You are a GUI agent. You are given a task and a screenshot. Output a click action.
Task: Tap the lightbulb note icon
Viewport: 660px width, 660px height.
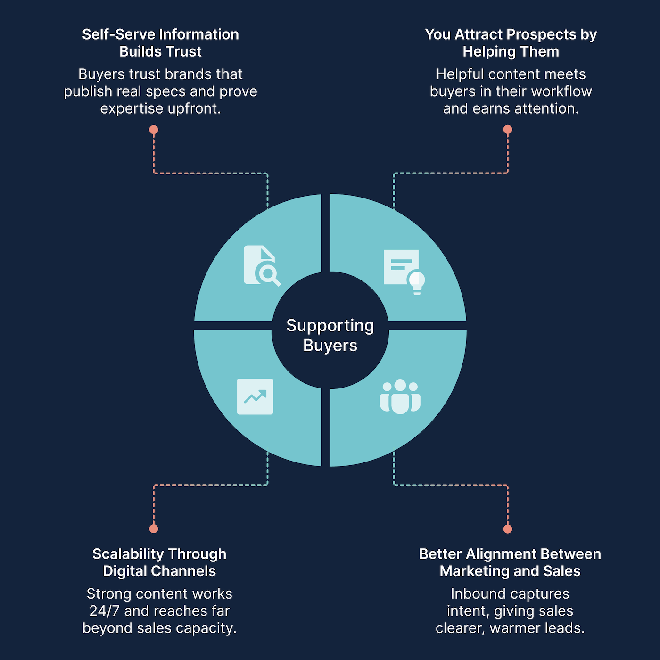point(404,272)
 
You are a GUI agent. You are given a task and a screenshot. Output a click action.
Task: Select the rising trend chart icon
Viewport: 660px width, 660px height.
point(255,396)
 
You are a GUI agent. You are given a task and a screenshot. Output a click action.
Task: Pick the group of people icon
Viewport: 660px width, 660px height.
point(400,397)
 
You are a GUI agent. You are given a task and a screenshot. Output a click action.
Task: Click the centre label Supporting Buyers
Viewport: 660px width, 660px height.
point(330,335)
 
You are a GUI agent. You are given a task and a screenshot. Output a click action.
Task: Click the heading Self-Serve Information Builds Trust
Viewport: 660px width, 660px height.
point(160,43)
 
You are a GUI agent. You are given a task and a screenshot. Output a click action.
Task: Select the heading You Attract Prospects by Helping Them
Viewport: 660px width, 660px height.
point(511,43)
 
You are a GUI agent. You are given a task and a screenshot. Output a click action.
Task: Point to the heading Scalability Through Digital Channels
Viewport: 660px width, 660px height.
point(159,562)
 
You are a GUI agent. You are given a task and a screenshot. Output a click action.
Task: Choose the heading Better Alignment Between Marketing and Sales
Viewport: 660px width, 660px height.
point(510,562)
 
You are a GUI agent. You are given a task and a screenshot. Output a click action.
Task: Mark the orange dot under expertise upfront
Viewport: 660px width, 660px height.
point(154,130)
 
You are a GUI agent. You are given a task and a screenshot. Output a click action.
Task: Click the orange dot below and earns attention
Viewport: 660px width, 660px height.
point(508,130)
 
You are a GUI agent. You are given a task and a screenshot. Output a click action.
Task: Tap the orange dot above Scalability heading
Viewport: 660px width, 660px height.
point(154,528)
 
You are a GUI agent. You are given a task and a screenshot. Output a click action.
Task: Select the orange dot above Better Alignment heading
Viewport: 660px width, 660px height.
point(508,528)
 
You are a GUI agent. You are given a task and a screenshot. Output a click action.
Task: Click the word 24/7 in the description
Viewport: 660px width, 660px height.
point(105,611)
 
